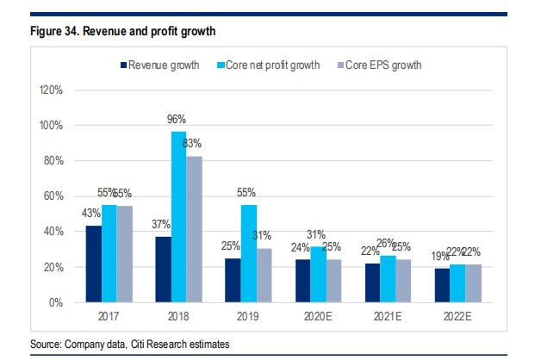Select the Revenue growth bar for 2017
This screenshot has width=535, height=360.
[94, 264]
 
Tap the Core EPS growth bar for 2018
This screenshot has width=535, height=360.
[194, 229]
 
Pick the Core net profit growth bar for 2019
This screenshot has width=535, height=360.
[247, 253]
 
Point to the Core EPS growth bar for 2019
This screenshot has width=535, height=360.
[263, 275]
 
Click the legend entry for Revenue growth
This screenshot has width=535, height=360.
[164, 65]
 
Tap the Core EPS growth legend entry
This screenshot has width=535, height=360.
[383, 65]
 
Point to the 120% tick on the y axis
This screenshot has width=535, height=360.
[53, 90]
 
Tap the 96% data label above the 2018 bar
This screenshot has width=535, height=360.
[177, 120]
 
